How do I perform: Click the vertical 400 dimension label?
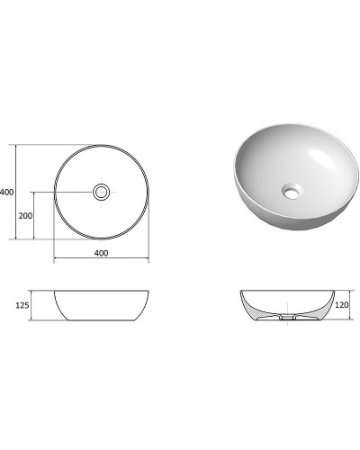pos(7,192)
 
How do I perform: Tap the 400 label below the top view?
pos(101,253)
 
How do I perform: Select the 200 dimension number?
pos(27,216)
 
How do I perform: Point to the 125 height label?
pos(23,306)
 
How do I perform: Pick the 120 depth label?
pos(342,306)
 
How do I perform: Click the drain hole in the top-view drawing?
pos(102,191)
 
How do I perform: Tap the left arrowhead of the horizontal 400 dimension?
pos(56,261)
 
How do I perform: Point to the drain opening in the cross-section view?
pos(285,319)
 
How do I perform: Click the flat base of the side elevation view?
pos(101,321)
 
